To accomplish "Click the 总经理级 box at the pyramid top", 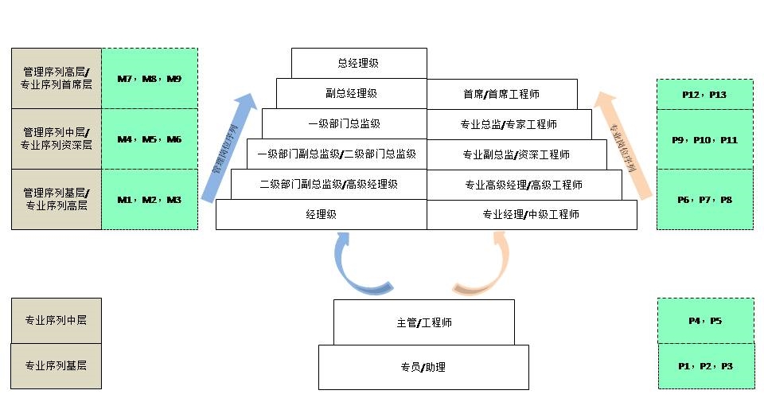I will pyautogui.click(x=358, y=63).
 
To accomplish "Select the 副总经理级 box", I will pyautogui.click(x=351, y=93).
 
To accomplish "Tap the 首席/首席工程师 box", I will pyautogui.click(x=501, y=94).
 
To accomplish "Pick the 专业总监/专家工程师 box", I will pyautogui.click(x=509, y=124).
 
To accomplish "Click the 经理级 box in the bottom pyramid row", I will pyautogui.click(x=321, y=214).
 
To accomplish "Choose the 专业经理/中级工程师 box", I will pyautogui.click(x=531, y=214).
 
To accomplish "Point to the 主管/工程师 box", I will pyautogui.click(x=423, y=322).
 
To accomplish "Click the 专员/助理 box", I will pyautogui.click(x=423, y=367).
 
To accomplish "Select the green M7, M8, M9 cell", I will pyautogui.click(x=149, y=79).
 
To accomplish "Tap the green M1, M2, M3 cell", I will pyautogui.click(x=149, y=200).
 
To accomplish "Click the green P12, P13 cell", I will pyautogui.click(x=704, y=95).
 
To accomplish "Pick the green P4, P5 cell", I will pyautogui.click(x=705, y=321).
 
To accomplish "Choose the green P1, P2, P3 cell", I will pyautogui.click(x=705, y=366).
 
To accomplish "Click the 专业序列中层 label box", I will pyautogui.click(x=56, y=321).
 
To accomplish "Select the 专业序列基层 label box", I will pyautogui.click(x=56, y=366).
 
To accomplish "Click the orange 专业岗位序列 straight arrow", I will pyautogui.click(x=624, y=143).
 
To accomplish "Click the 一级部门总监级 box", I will pyautogui.click(x=344, y=123).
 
